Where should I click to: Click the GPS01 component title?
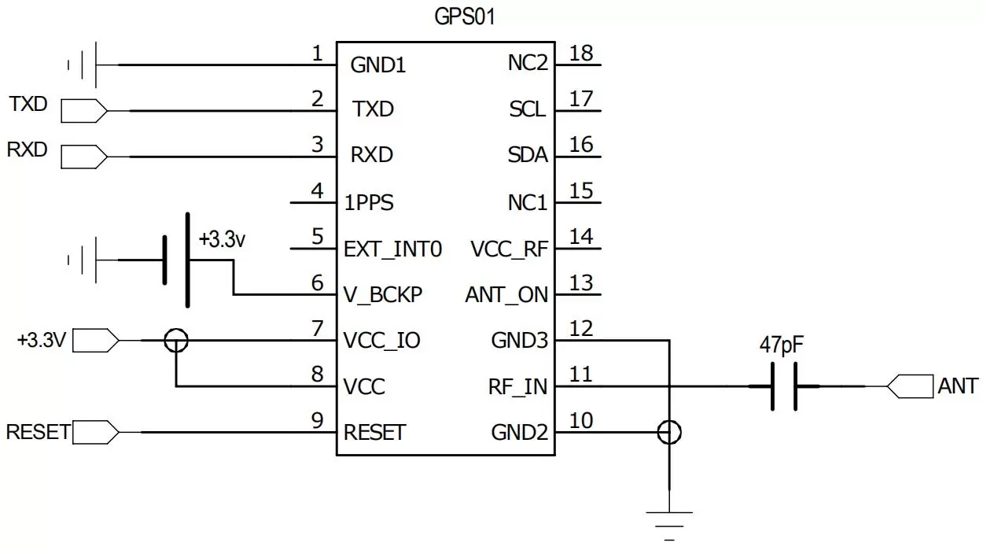pyautogui.click(x=465, y=17)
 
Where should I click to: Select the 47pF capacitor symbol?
pyautogui.click(x=783, y=386)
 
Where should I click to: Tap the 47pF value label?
pyautogui.click(x=782, y=345)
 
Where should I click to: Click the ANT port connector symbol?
pyautogui.click(x=909, y=386)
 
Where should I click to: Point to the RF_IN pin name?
pyautogui.click(x=518, y=387)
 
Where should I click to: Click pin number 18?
pyautogui.click(x=581, y=54)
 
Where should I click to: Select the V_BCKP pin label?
pyautogui.click(x=384, y=294)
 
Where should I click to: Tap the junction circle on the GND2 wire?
pyautogui.click(x=669, y=432)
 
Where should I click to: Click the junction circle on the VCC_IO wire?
pyautogui.click(x=176, y=341)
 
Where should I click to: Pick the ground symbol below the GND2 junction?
pyautogui.click(x=669, y=521)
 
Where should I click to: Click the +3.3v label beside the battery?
pyautogui.click(x=222, y=240)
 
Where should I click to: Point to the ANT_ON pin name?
pyautogui.click(x=506, y=294)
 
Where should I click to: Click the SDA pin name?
pyautogui.click(x=527, y=156)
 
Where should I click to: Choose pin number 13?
pyautogui.click(x=581, y=282)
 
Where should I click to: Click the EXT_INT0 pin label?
pyautogui.click(x=392, y=249)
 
